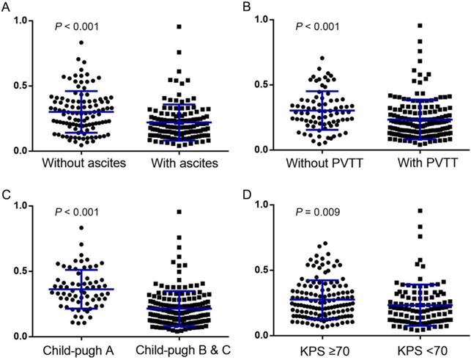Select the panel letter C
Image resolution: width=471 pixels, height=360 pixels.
tap(6, 194)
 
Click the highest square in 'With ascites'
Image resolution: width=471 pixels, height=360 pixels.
tap(178, 26)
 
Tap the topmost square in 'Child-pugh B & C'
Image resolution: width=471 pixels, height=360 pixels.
tap(178, 212)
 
